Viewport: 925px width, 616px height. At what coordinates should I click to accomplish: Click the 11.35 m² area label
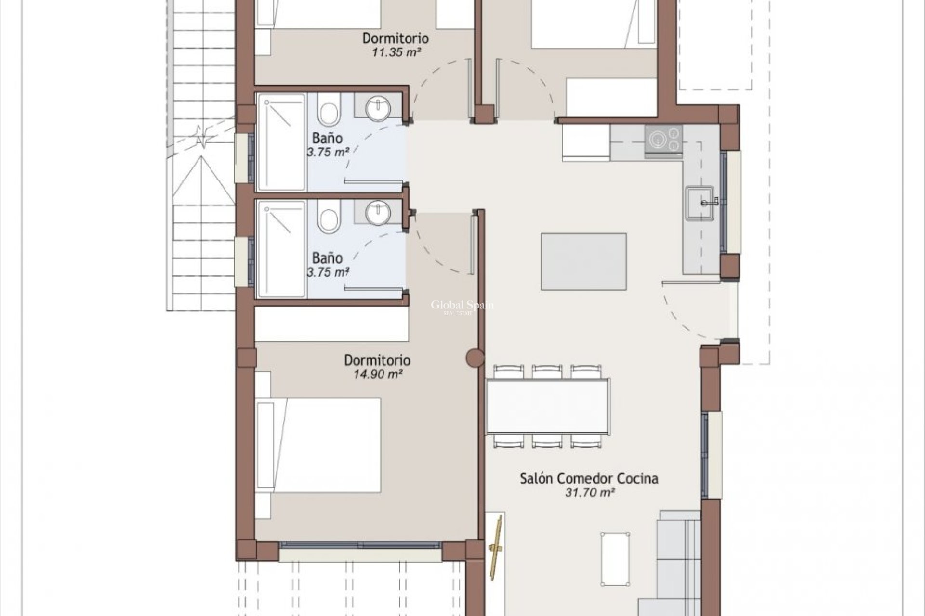[x=396, y=52]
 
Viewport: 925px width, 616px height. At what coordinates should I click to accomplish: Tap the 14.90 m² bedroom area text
[x=378, y=374]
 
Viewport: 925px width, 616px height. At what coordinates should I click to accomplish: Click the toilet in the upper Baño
[x=329, y=110]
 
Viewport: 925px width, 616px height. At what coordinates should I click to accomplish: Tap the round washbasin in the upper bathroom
[x=377, y=108]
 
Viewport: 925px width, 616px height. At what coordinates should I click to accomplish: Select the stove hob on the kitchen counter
[x=663, y=139]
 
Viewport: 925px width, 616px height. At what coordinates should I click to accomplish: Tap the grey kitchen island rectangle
[x=583, y=261]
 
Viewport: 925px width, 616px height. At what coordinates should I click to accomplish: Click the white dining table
[x=548, y=406]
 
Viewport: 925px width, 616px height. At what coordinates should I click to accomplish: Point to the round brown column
[x=475, y=358]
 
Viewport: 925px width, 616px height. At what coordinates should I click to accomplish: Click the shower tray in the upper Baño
[x=282, y=142]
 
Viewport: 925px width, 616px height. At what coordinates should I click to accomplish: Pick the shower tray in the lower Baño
[x=282, y=249]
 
